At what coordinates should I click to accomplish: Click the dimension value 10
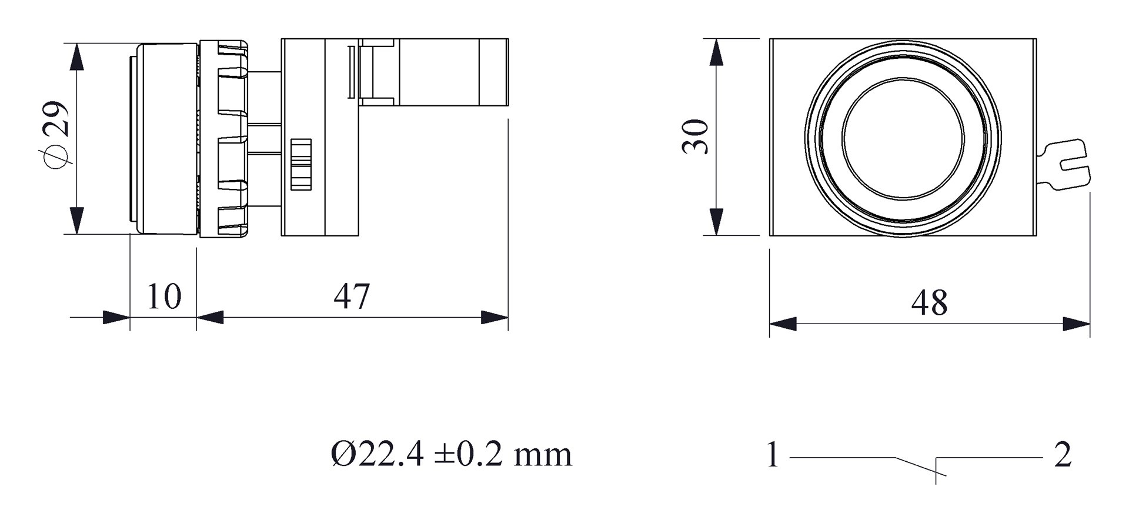click(x=163, y=297)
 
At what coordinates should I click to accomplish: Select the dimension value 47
click(x=352, y=297)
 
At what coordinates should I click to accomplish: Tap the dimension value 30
click(x=695, y=136)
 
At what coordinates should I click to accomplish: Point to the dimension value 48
click(x=929, y=303)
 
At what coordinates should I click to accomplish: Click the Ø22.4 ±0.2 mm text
click(x=451, y=455)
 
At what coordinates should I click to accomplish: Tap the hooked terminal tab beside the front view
click(x=1067, y=165)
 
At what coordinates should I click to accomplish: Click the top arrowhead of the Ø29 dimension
click(x=76, y=56)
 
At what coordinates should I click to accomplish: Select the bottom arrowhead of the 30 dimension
click(x=716, y=222)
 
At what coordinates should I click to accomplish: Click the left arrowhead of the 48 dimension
click(x=783, y=324)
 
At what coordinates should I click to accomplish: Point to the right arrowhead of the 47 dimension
click(x=495, y=318)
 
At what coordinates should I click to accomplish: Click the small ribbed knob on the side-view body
click(x=300, y=165)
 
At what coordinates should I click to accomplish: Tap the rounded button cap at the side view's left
click(x=166, y=138)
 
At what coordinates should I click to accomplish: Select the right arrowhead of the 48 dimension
click(x=1077, y=324)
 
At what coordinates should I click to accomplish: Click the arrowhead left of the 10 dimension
click(x=116, y=318)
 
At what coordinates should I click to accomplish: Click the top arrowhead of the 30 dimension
click(x=716, y=52)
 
